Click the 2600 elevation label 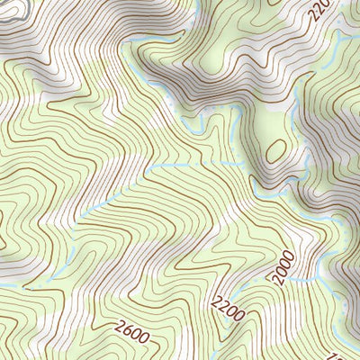pyautogui.click(x=131, y=332)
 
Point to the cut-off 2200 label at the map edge pyautogui.click(x=319, y=11)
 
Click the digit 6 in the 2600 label pyautogui.click(x=127, y=330)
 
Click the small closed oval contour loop pyautogui.click(x=276, y=149)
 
